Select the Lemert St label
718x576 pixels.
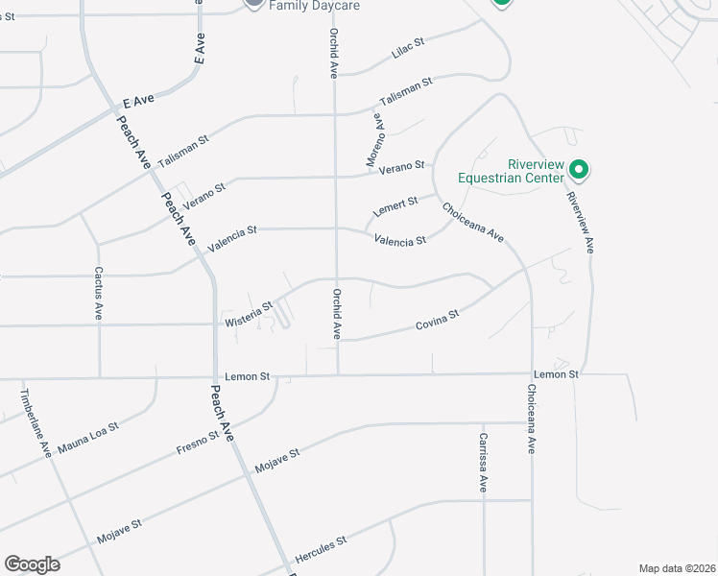pyautogui.click(x=396, y=205)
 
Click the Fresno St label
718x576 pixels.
pyautogui.click(x=199, y=442)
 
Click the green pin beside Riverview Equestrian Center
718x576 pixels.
pyautogui.click(x=579, y=170)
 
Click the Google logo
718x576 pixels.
pyautogui.click(x=32, y=564)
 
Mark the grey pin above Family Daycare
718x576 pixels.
pyautogui.click(x=253, y=3)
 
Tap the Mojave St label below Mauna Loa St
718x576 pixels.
pyautogui.click(x=120, y=532)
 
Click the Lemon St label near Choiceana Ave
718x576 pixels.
pyautogui.click(x=557, y=373)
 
